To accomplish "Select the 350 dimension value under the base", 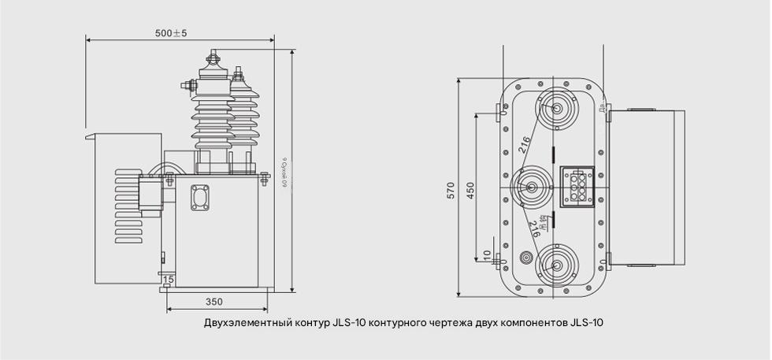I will [x=214, y=301].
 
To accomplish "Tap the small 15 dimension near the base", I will [x=168, y=280].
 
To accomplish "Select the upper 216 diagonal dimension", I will [x=525, y=144].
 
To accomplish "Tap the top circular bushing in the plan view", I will [x=557, y=109].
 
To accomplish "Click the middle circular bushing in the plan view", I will [x=531, y=187].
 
